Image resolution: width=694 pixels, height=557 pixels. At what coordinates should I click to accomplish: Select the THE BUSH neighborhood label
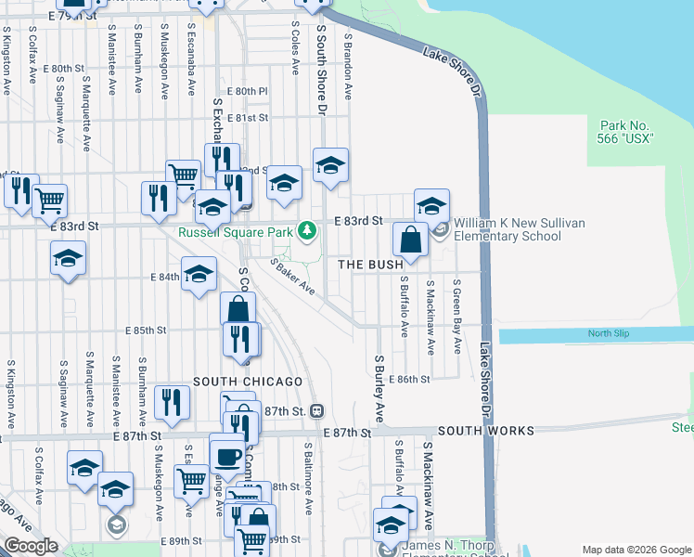coord(369,265)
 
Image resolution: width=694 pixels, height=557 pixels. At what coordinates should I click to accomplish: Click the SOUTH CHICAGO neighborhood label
coord(248,382)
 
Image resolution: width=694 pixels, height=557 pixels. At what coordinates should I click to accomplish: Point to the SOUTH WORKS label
coord(485,431)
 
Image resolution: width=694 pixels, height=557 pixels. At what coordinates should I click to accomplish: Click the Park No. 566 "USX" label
coord(627,132)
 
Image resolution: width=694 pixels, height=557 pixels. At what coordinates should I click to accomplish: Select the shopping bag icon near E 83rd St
coord(410,240)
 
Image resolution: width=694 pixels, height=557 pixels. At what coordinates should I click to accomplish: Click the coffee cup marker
coord(227,455)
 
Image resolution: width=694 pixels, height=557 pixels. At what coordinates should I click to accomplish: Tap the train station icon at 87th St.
coord(317,410)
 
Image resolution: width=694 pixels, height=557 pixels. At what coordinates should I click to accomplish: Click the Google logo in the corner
coord(31,546)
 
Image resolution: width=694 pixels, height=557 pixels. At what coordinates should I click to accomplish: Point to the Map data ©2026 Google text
coord(636,550)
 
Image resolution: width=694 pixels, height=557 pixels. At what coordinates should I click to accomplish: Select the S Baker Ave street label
coord(292,277)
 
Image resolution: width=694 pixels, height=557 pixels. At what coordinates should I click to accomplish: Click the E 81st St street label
coord(250,118)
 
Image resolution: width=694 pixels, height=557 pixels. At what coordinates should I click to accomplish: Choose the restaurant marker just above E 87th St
coord(172,402)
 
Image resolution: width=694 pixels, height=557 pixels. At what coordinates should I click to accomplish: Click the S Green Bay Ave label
coord(457,316)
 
